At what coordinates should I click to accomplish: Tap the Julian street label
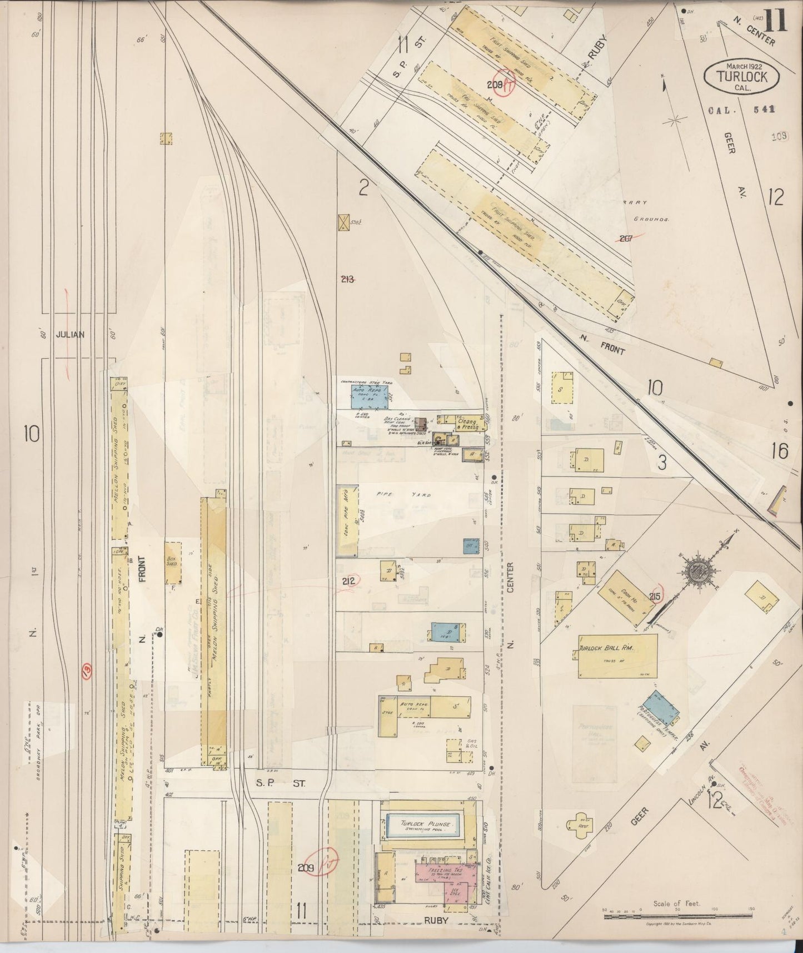point(69,335)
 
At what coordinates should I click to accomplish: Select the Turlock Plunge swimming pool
point(426,826)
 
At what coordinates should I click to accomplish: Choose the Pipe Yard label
point(386,493)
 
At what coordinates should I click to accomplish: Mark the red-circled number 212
point(351,582)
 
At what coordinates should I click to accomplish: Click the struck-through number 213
point(348,279)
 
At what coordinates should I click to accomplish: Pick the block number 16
point(779,451)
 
